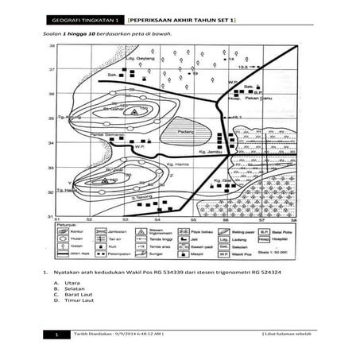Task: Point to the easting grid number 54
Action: coord(157,219)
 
